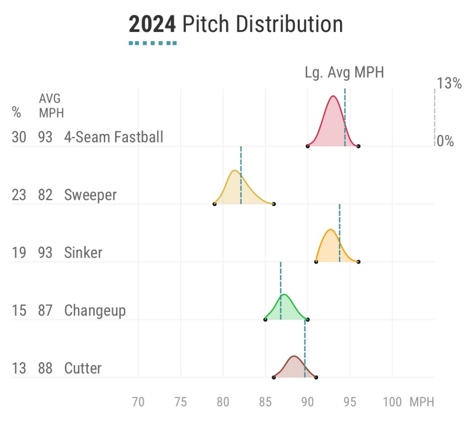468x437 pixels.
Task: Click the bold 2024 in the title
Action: tap(152, 24)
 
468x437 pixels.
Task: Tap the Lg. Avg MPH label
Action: tap(344, 72)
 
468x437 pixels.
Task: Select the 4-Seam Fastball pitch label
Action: tap(114, 137)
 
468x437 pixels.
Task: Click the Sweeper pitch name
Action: tap(90, 195)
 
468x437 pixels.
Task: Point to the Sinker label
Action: tap(83, 253)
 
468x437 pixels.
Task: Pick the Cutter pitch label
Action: tap(83, 368)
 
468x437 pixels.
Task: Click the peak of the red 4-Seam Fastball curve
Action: tap(333, 96)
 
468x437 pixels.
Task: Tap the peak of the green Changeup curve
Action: tap(284, 294)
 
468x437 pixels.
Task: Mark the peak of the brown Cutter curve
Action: tap(294, 356)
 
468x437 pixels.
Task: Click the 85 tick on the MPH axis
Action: tap(265, 402)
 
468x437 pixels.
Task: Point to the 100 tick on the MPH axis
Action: tap(392, 402)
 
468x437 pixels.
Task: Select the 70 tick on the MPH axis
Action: tap(138, 402)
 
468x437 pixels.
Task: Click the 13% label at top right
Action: tap(449, 84)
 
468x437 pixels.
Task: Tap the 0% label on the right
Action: tap(446, 141)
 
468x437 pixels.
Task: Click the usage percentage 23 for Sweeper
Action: tap(19, 195)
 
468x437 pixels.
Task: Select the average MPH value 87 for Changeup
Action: tap(45, 311)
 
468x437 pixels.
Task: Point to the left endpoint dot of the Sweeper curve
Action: tap(214, 203)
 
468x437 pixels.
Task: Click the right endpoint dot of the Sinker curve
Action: tap(358, 261)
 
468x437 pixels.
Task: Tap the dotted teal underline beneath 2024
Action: tap(153, 43)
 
